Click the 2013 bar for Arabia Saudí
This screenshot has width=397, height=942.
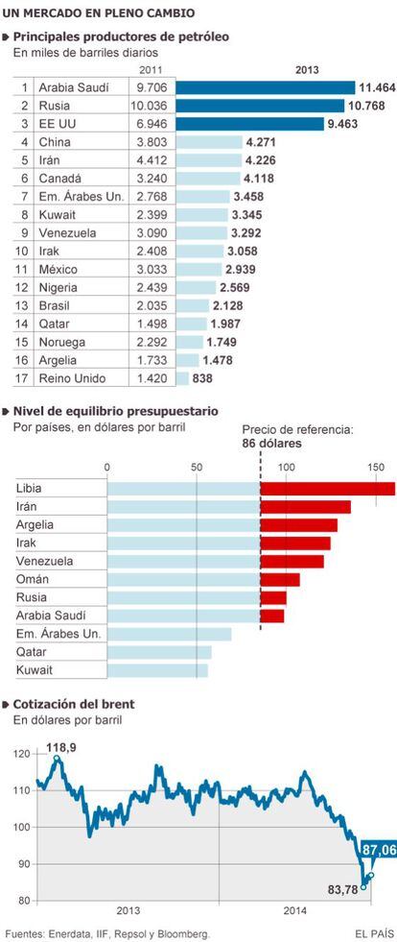tap(265, 87)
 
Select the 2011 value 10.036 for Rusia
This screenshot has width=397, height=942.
tap(152, 107)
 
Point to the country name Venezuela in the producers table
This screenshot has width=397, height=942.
tap(64, 233)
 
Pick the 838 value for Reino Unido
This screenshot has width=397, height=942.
tap(202, 378)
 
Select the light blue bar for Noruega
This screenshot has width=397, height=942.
tap(190, 342)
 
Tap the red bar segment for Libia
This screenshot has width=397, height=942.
tap(328, 489)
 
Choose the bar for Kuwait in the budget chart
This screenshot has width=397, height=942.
tap(157, 670)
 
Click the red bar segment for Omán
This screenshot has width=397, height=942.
tap(280, 580)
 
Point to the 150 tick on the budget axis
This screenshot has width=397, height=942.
tap(376, 468)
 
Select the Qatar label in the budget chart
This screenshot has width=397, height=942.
tap(32, 652)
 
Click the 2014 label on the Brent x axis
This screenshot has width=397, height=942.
tap(296, 911)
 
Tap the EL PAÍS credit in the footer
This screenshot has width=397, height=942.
tap(374, 933)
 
